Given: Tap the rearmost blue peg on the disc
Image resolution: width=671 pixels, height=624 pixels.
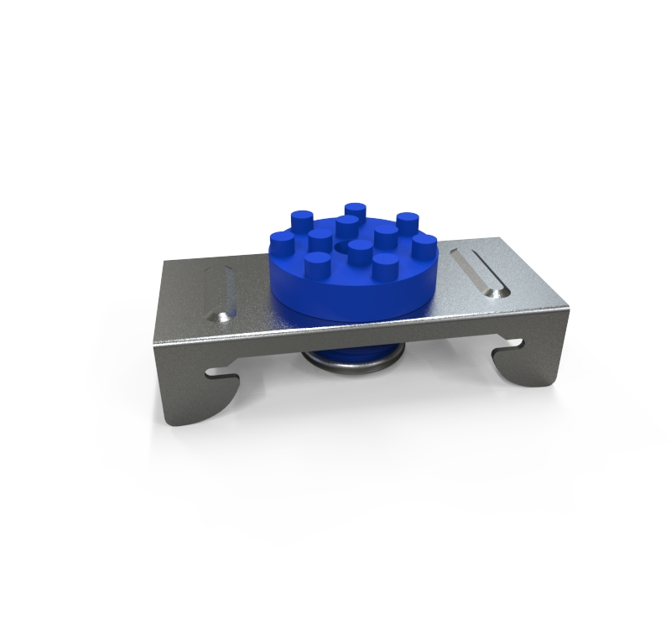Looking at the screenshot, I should [x=355, y=210].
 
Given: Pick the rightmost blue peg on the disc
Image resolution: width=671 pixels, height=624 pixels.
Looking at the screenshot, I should [x=423, y=244].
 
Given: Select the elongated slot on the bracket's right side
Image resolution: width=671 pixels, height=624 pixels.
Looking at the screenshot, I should [x=481, y=269].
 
